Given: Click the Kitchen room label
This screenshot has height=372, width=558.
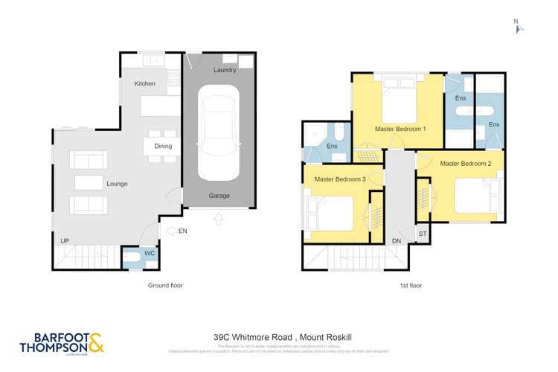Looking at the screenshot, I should click(145, 84).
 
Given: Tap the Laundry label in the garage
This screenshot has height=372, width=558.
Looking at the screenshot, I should click(225, 71).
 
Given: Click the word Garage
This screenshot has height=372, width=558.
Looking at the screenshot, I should click(219, 196).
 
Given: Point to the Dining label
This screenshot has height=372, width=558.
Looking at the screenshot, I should click(163, 147).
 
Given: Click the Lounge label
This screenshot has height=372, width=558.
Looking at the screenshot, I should click(117, 184).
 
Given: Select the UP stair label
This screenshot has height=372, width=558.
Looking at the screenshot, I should click(65, 241).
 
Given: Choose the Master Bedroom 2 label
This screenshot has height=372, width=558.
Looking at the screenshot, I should click(466, 163).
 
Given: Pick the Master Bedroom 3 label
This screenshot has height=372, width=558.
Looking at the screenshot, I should click(339, 179).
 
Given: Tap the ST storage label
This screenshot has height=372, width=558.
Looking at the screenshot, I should click(423, 234).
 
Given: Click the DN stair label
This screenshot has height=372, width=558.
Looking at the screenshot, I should click(397, 241).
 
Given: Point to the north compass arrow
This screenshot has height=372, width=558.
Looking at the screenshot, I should click(519, 28).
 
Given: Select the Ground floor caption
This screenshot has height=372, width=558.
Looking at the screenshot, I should click(164, 285).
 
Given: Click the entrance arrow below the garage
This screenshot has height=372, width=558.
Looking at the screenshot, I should click(219, 219).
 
